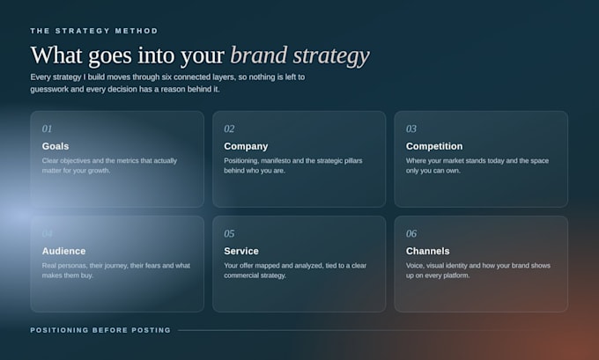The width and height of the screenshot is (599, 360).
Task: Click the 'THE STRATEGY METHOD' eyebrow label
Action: coord(94,31)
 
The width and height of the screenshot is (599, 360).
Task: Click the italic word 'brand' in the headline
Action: coord(259,55)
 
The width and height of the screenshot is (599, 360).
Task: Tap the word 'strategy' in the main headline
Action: coord(331,56)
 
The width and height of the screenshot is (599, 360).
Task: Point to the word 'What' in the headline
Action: coord(56,55)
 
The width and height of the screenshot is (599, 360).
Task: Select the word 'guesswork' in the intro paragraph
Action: coord(49,89)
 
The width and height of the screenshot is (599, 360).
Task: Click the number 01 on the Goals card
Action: coord(47,129)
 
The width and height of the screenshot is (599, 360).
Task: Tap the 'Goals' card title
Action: coord(55,146)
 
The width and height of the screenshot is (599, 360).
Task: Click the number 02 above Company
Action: coord(229,129)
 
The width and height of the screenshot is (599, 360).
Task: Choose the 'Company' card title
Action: coord(246,146)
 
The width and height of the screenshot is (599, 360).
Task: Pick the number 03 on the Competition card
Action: coord(411,129)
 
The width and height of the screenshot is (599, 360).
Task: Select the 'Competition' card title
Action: coord(434,146)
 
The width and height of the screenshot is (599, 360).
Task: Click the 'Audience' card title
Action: coord(63,251)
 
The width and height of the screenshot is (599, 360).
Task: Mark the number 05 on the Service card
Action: coord(229,233)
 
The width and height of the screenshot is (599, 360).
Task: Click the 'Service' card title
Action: coord(241,251)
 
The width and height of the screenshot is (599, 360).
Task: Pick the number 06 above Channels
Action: coord(411,233)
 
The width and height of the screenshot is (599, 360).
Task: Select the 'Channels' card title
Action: coord(428,251)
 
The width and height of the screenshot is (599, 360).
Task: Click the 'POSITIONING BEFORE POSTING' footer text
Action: coord(100,330)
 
